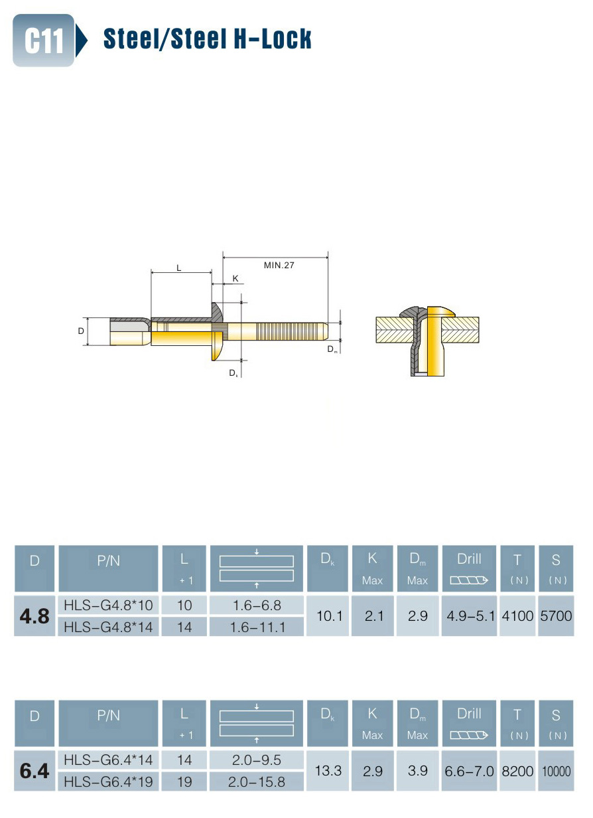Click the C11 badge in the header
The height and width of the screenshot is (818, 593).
[43, 40]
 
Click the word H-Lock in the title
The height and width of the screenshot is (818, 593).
[272, 39]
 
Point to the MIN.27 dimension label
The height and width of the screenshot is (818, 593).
[279, 265]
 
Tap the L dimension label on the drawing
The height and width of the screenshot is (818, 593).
[179, 268]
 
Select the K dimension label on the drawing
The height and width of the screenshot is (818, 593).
[235, 279]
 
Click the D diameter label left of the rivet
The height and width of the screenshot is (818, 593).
[81, 331]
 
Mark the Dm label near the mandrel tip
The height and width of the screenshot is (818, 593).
[332, 349]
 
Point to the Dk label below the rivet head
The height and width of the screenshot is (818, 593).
[233, 373]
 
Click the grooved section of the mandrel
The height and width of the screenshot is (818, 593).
[289, 331]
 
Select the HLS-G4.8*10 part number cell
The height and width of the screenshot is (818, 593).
[108, 606]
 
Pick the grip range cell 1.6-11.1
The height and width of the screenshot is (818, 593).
[257, 627]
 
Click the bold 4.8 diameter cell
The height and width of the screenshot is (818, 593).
[34, 616]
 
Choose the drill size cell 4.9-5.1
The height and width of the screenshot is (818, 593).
[469, 616]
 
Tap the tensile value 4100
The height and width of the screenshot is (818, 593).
[517, 616]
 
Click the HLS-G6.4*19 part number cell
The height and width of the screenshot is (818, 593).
[108, 782]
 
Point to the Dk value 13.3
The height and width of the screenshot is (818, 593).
[328, 771]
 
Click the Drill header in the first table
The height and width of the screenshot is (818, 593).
[469, 559]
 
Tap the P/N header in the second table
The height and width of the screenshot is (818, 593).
[108, 716]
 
